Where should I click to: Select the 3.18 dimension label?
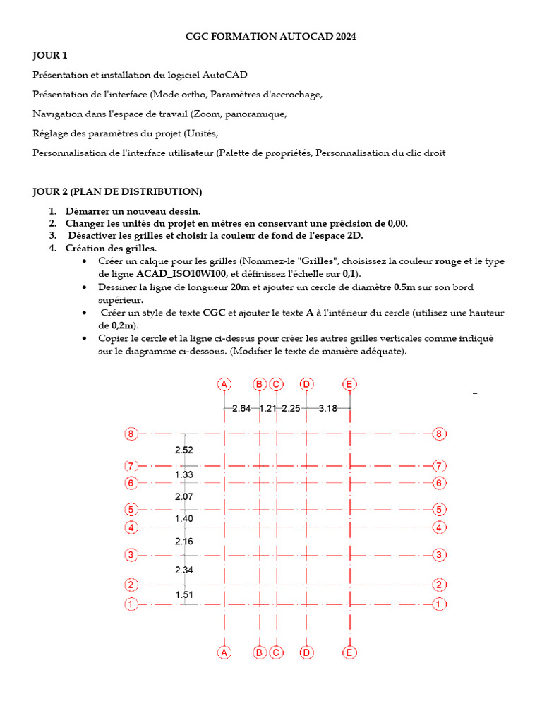[327, 408]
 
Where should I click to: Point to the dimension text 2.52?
[183, 450]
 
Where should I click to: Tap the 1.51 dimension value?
[183, 595]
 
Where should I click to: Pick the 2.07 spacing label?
[183, 497]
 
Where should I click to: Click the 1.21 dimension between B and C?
[268, 408]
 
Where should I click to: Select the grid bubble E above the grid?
[349, 384]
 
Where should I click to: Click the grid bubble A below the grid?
[224, 652]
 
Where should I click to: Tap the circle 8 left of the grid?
[131, 434]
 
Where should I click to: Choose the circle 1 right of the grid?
[439, 604]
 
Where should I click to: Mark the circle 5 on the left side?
[131, 509]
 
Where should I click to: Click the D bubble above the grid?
[306, 384]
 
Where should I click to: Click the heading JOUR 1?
[50, 55]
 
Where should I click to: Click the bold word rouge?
[447, 261]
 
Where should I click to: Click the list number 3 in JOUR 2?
[52, 236]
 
